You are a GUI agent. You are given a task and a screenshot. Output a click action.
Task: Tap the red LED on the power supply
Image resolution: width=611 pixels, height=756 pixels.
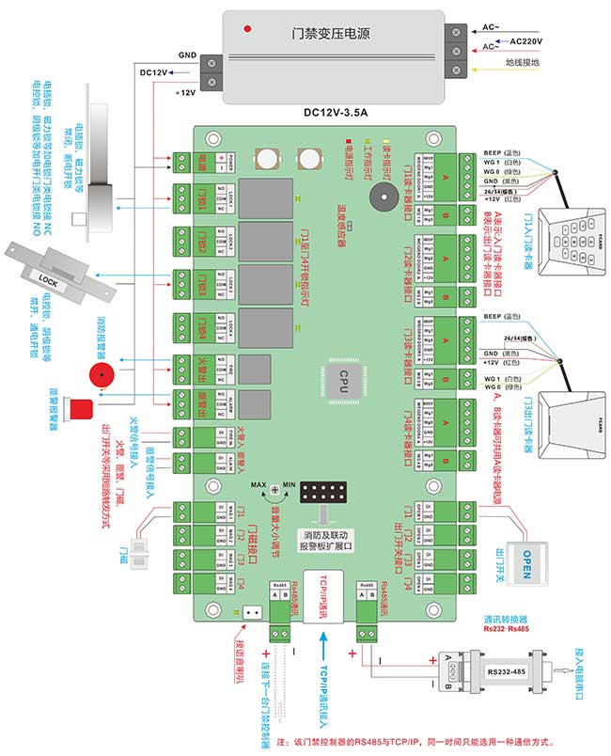point(247,29)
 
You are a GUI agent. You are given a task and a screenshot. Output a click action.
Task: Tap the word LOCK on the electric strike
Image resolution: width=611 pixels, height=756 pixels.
point(48,278)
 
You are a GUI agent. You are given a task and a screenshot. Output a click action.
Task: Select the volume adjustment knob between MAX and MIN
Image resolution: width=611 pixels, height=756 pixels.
point(275,491)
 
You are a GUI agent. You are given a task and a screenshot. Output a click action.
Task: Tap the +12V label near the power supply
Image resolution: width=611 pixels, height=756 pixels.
point(184,93)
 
